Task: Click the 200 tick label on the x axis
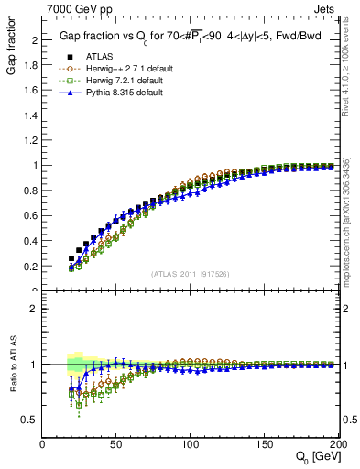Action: pos(338,444)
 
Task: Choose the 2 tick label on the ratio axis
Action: pos(35,309)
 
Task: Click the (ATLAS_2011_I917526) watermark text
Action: pos(191,273)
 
